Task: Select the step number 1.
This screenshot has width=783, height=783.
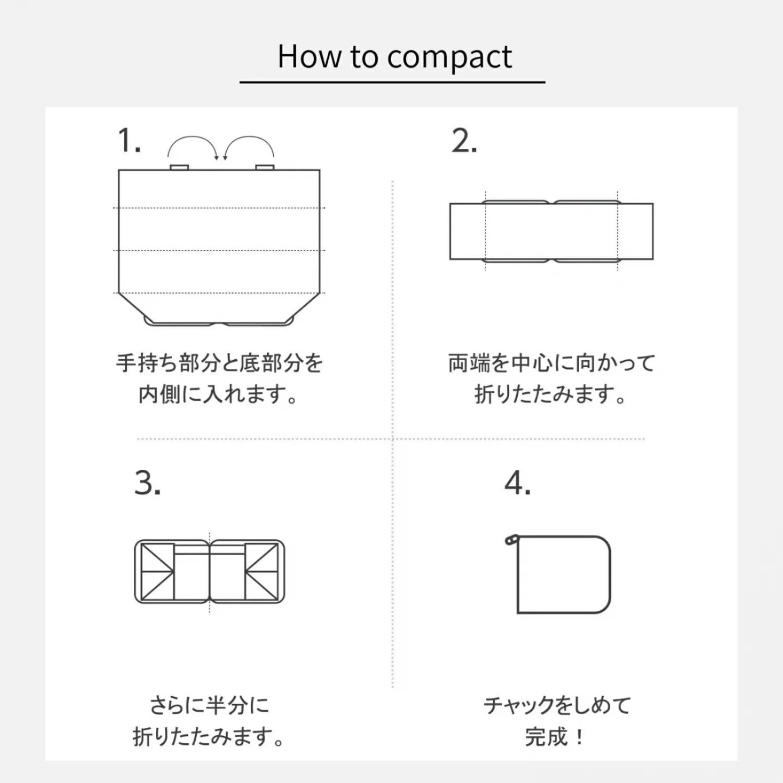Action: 129,140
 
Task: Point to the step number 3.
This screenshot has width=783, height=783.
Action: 148,483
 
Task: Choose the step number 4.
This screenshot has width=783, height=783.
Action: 518,483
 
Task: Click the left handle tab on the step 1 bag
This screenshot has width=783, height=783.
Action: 179,167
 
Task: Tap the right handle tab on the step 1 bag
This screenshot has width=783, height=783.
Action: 265,167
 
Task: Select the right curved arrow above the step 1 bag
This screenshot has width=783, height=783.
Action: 250,137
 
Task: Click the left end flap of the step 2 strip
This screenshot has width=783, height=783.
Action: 468,231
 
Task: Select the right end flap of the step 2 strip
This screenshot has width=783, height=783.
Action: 635,231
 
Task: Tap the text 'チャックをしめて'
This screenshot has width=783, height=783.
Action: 557,705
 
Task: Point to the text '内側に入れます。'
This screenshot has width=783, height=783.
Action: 218,395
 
